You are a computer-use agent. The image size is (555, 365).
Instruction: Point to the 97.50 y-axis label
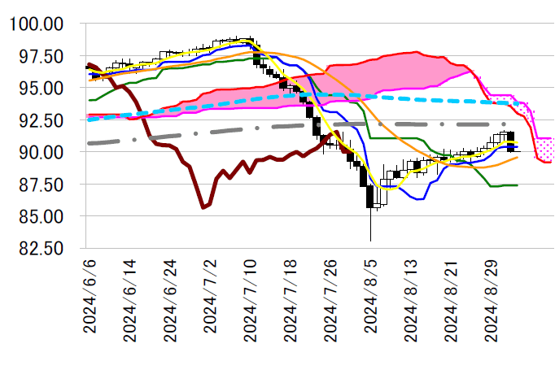[40, 56]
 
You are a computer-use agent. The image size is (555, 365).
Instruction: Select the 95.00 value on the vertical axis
[40, 88]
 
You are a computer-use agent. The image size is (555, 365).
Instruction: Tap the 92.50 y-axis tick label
[40, 120]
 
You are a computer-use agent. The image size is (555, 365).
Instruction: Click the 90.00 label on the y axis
[40, 152]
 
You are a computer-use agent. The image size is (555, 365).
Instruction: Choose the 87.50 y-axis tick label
[40, 185]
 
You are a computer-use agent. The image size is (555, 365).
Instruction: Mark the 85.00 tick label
[40, 216]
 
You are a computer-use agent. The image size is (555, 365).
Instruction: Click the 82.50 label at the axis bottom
[40, 249]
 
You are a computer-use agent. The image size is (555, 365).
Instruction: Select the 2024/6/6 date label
[90, 298]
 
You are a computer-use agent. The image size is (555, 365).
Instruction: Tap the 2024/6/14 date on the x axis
[130, 302]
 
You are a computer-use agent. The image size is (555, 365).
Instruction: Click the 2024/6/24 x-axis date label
[170, 302]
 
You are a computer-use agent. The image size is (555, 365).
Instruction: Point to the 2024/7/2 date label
[210, 298]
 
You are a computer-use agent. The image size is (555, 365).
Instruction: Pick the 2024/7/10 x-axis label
[250, 302]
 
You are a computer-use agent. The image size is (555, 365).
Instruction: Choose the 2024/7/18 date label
[290, 302]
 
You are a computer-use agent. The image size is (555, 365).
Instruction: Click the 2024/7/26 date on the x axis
[330, 302]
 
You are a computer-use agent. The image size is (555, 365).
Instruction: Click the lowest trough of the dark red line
[203, 208]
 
